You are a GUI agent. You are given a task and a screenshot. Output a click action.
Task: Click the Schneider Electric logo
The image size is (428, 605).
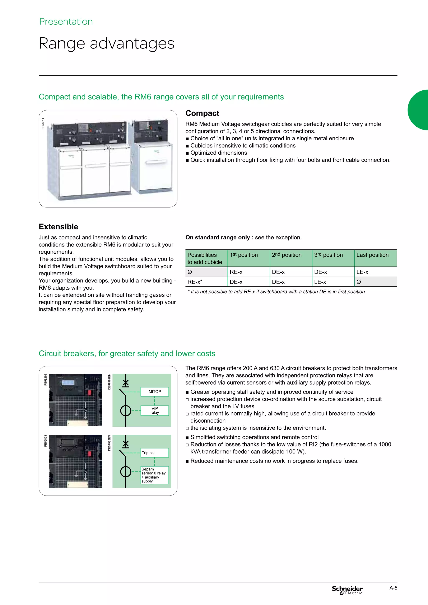pos(347,590)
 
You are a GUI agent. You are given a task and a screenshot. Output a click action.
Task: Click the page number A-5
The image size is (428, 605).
pos(393,588)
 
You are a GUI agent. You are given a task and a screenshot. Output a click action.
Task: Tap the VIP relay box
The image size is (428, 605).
pos(155,410)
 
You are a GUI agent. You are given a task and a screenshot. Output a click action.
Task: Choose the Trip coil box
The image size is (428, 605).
pos(155,453)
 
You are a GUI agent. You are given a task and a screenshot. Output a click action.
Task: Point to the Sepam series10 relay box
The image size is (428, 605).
pos(155,475)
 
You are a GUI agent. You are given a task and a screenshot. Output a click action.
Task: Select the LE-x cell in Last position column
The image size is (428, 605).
pos(375,272)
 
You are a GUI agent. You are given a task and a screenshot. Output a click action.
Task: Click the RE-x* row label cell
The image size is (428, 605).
pos(206,282)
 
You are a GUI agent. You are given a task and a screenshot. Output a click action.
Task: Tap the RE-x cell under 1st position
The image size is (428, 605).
pos(248,272)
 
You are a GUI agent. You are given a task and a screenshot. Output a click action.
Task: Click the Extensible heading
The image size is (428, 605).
pos(59,227)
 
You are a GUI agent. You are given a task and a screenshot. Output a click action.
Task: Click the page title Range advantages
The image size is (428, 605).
pos(106,43)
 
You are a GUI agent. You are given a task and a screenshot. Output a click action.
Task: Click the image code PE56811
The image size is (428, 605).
pos(43,124)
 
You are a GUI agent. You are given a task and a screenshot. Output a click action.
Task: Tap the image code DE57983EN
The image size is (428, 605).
pos(109,443)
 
